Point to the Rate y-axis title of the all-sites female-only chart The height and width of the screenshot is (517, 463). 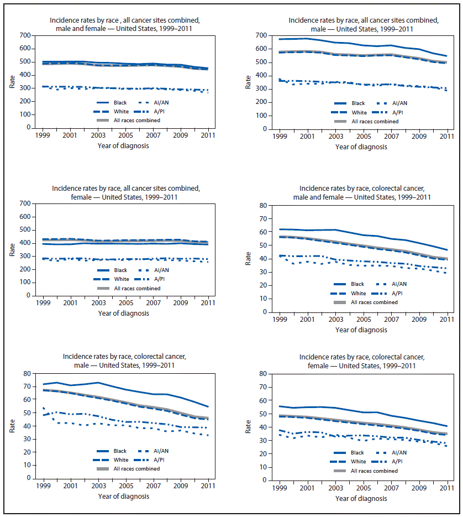pyautogui.click(x=12, y=250)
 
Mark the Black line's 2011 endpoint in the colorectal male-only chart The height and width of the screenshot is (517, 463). pyautogui.click(x=209, y=407)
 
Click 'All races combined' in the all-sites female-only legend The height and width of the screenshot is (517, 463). pyautogui.click(x=138, y=289)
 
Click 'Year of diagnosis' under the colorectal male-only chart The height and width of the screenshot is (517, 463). pyautogui.click(x=123, y=496)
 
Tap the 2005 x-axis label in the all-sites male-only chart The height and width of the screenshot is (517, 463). pyautogui.click(x=364, y=137)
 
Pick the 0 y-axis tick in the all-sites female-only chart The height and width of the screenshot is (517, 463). pyautogui.click(x=28, y=296)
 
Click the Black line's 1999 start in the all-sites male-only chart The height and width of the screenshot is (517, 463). pyautogui.click(x=280, y=39)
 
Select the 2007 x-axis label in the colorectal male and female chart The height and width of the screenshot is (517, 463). pyautogui.click(x=391, y=321)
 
